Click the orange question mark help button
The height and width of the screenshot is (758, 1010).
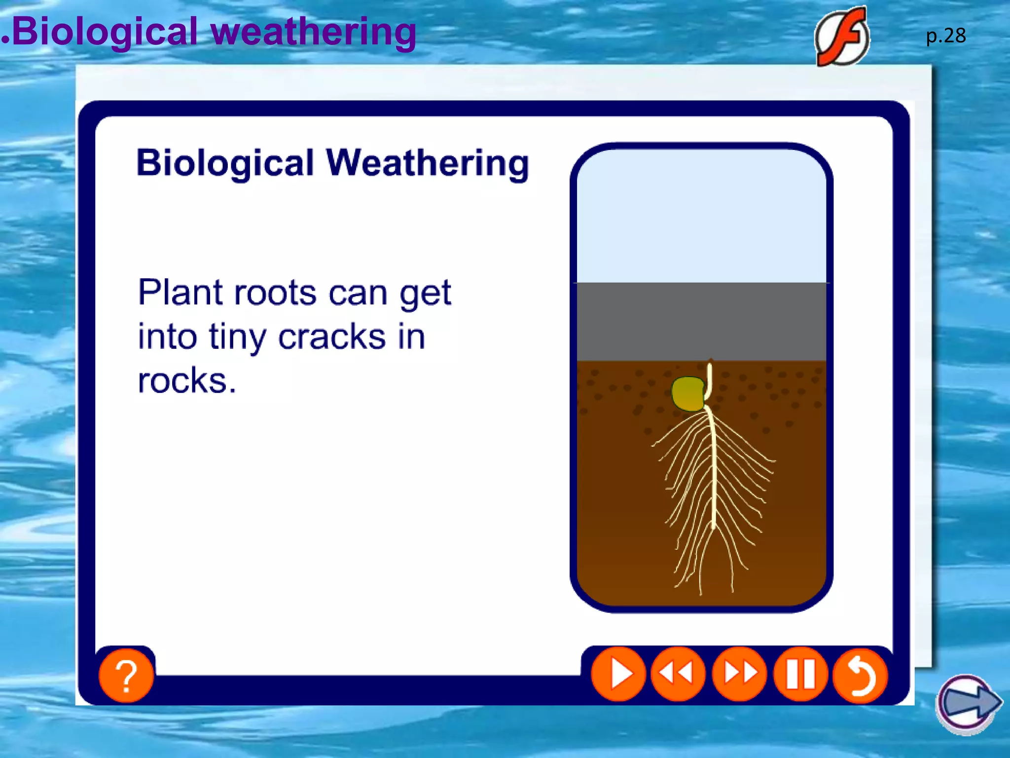click(x=126, y=675)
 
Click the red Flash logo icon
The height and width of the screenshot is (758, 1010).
click(x=842, y=37)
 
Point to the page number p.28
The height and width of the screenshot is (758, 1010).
click(x=946, y=36)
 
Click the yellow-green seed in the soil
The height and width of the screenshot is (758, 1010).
click(x=688, y=394)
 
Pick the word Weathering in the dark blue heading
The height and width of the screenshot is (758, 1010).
click(x=427, y=163)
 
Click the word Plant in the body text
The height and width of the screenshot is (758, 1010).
click(x=181, y=293)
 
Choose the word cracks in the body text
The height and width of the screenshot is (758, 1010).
click(x=332, y=337)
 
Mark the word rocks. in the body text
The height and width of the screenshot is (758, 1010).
click(x=187, y=380)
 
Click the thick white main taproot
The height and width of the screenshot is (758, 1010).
click(x=713, y=469)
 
